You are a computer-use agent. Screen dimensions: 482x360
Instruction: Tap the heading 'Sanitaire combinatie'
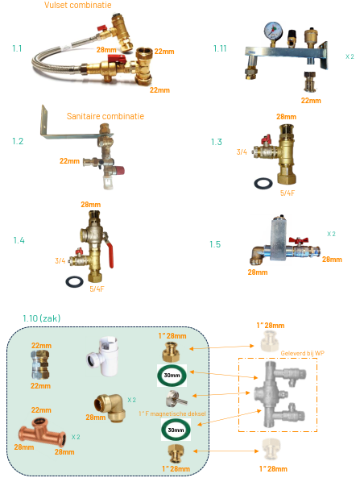[106, 116]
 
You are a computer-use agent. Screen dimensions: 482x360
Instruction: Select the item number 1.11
[220, 48]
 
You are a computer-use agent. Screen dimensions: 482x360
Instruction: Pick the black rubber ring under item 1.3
[263, 181]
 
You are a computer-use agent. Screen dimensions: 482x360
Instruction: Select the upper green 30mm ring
[172, 376]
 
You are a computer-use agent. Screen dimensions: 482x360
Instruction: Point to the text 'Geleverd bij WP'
[302, 353]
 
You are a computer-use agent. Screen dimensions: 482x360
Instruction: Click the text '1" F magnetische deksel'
[172, 413]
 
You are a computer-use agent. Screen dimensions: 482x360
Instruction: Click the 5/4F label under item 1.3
[288, 193]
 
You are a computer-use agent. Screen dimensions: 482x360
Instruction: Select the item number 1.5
[214, 244]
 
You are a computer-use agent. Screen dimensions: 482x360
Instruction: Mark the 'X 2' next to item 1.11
[349, 56]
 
